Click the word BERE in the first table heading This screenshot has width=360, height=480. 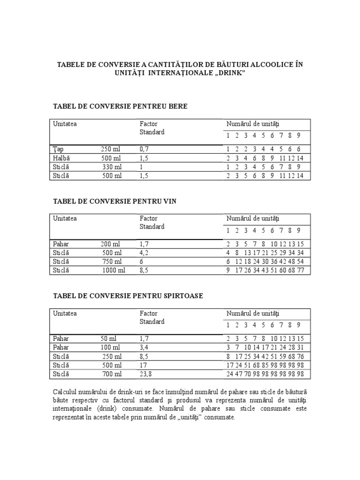tap(178, 106)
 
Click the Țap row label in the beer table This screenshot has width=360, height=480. tap(58, 149)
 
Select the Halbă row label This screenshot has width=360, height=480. tap(61, 158)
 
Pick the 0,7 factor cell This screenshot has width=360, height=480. tap(143, 149)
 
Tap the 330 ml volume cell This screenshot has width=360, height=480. tap(112, 167)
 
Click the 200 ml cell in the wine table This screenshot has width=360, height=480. tap(110, 244)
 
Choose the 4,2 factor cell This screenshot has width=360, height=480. tap(143, 253)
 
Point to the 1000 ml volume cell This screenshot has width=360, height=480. tap(113, 270)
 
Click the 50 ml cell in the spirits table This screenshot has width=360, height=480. tap(109, 339)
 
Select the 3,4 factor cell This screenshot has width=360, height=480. tap(143, 348)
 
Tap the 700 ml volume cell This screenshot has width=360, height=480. tap(112, 374)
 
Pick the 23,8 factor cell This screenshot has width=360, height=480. tap(145, 374)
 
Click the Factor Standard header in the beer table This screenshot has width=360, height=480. tap(152, 128)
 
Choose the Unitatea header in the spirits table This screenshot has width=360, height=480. tap(65, 313)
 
